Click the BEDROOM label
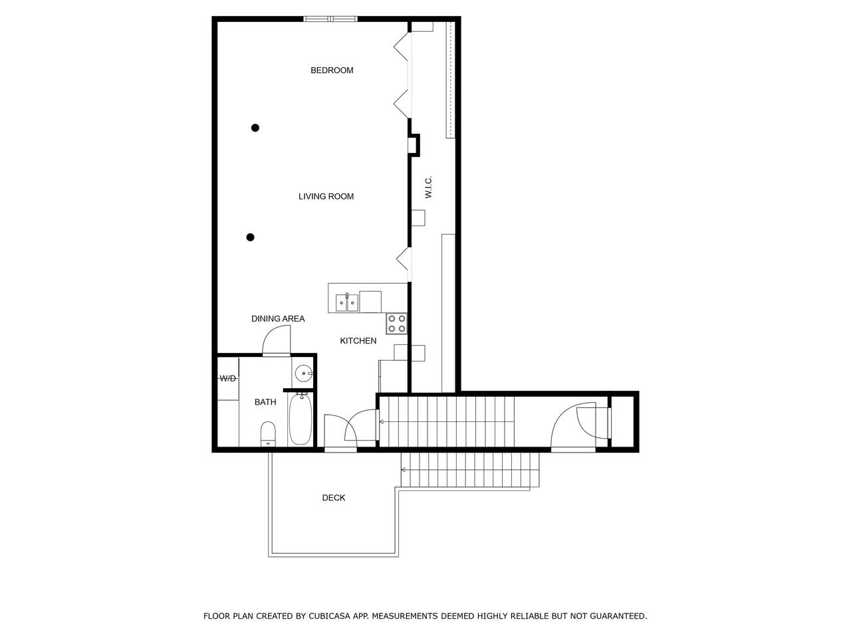point(332,70)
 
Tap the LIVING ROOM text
point(326,197)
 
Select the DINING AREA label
point(278,319)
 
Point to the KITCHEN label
point(358,341)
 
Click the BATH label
point(265,402)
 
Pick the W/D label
point(228,378)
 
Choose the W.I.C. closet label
point(428,187)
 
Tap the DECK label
point(334,498)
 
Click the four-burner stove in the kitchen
point(397,324)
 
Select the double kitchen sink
point(347,302)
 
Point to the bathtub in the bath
point(300,419)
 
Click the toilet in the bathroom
point(268,434)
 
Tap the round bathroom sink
point(304,373)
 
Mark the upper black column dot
point(255,128)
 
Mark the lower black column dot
point(251,237)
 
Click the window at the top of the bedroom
point(330,19)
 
